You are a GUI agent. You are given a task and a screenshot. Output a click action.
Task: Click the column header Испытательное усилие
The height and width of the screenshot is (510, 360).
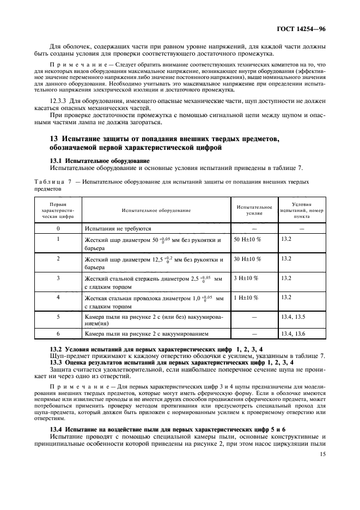point(253,209)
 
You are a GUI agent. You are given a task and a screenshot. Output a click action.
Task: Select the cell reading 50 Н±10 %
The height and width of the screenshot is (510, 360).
point(247,239)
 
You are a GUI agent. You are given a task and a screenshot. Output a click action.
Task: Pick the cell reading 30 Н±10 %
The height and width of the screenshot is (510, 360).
point(247,258)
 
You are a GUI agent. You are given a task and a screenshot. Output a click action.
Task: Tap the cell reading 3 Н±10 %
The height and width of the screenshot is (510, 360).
point(246,278)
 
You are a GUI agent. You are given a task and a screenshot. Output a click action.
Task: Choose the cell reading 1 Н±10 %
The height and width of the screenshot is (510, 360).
point(246,297)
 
